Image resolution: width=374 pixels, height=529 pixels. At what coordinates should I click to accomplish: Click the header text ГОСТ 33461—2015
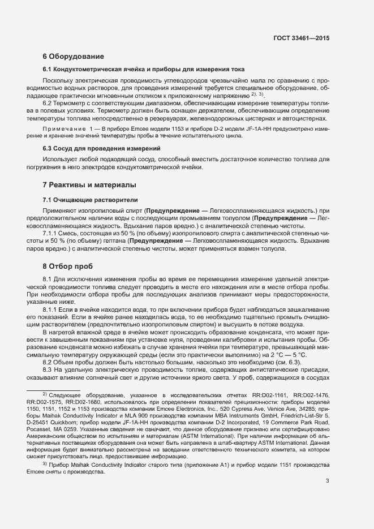tap(300, 38)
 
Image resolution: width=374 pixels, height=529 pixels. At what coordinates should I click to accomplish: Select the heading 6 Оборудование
tap(73, 57)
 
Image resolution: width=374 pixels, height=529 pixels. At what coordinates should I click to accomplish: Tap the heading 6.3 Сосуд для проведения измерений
tap(101, 148)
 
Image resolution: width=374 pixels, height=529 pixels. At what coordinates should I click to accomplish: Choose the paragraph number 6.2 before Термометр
tap(48, 104)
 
